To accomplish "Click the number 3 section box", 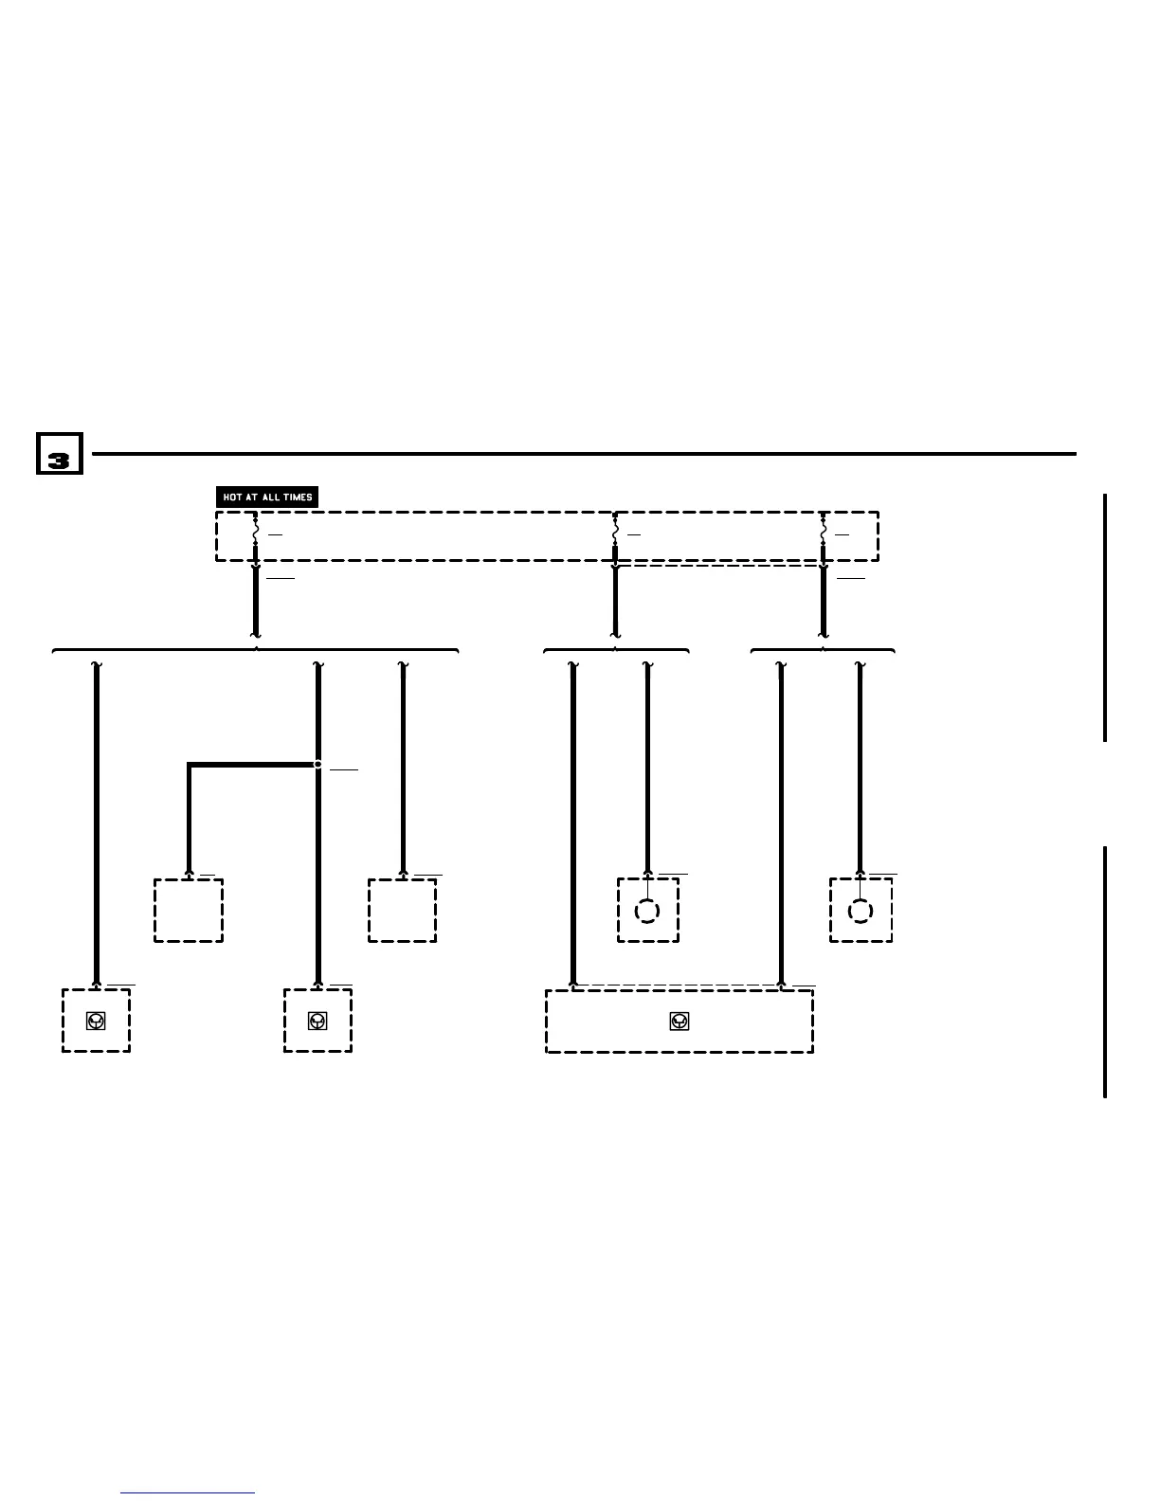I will (x=60, y=454).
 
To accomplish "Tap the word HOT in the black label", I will (x=232, y=497).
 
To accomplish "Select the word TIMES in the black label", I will (x=298, y=497).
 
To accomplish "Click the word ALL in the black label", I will (x=270, y=497).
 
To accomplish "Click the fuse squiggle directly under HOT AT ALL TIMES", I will (x=255, y=534).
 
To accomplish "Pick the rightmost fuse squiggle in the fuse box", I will (x=823, y=534).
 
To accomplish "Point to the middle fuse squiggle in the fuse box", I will (x=615, y=534).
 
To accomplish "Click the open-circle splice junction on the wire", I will (x=317, y=764).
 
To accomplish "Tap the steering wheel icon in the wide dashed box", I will (x=679, y=1022).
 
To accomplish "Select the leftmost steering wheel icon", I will (x=96, y=1022).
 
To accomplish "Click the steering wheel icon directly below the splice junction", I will (x=317, y=1022).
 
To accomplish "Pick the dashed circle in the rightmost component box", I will (x=860, y=911).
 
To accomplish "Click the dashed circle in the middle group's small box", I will (x=646, y=911).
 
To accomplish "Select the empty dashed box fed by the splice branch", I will (x=189, y=911).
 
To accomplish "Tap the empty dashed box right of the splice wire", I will (x=402, y=911).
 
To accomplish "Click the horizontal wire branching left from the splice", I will (x=252, y=764).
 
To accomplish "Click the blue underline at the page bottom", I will (x=189, y=1492).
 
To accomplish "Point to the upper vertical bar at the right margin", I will (x=1105, y=617).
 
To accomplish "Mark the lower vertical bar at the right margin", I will (x=1105, y=971).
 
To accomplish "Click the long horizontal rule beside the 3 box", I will (x=584, y=454).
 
